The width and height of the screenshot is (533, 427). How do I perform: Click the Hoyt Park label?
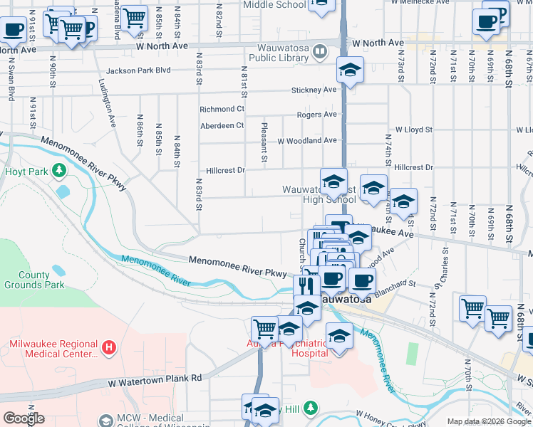point(25,172)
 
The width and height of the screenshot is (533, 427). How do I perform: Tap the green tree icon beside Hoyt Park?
point(60,171)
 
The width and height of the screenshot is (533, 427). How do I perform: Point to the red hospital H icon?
point(108,348)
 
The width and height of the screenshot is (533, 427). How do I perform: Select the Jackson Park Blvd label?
point(138,70)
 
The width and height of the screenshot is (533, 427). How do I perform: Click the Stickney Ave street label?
point(314,90)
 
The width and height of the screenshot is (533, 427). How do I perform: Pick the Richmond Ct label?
point(222,109)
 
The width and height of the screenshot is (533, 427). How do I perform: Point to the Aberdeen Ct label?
point(222,125)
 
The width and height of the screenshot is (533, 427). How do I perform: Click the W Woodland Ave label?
point(306,141)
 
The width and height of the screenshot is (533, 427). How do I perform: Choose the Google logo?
point(24,418)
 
